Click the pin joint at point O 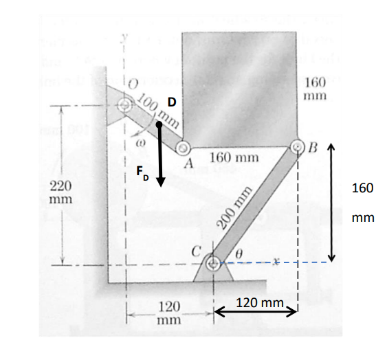click(126, 106)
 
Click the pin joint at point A click(183, 148)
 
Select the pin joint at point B click(298, 147)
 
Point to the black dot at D click(159, 125)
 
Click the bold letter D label click(172, 102)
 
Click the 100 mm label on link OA click(157, 109)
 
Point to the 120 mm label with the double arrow click(259, 303)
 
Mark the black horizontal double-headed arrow click(256, 313)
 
